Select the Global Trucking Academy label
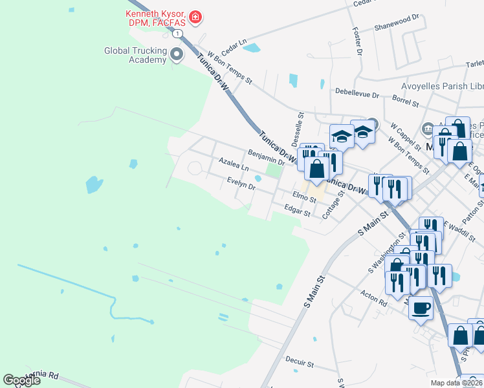tap(135, 55)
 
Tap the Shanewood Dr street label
tap(397, 28)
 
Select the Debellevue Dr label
tap(357, 94)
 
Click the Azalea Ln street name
tap(234, 163)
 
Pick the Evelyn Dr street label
tap(241, 184)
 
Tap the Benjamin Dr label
tap(266, 155)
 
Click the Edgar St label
tap(298, 208)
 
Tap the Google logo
tap(21, 380)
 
